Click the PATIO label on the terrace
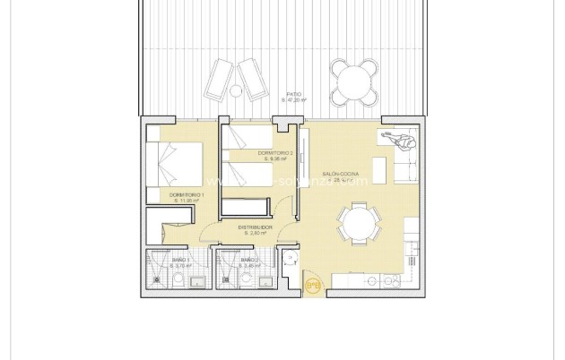293,93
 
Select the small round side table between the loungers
236,90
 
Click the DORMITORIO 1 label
187,194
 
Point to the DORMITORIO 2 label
275,153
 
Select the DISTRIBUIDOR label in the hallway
255,227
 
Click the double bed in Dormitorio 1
179,161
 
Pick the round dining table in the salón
358,223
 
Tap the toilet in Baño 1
160,279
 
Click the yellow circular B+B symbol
313,286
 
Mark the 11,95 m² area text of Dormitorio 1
187,201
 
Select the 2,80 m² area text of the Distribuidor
255,233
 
